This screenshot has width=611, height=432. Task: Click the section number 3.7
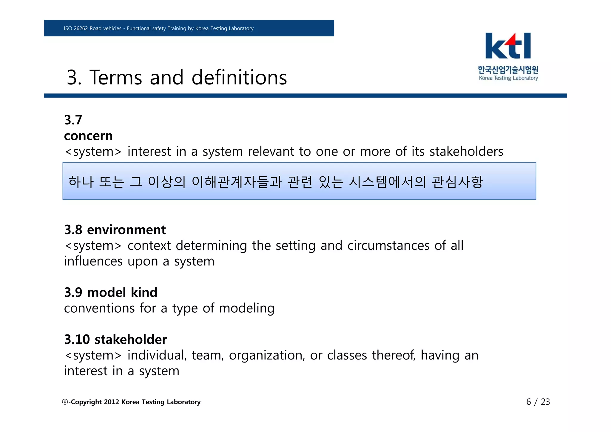(73, 120)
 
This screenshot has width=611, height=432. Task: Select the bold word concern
(88, 136)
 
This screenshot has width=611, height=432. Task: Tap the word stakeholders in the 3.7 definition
(466, 152)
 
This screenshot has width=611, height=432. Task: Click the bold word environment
(126, 230)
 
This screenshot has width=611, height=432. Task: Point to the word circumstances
(388, 246)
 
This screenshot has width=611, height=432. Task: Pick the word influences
(93, 261)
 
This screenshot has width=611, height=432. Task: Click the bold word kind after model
(144, 292)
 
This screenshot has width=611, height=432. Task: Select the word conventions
(99, 308)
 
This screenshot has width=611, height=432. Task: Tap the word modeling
(246, 308)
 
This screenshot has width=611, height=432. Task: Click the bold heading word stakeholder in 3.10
(131, 340)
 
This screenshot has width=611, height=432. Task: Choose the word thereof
(394, 355)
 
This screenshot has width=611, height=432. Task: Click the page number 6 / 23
(538, 402)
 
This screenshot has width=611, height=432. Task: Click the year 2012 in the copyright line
(112, 402)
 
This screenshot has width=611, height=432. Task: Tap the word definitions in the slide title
(239, 78)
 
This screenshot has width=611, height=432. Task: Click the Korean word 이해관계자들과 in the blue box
(237, 182)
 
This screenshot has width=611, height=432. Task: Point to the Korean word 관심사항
(457, 182)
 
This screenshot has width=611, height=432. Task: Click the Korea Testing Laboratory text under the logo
(508, 78)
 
